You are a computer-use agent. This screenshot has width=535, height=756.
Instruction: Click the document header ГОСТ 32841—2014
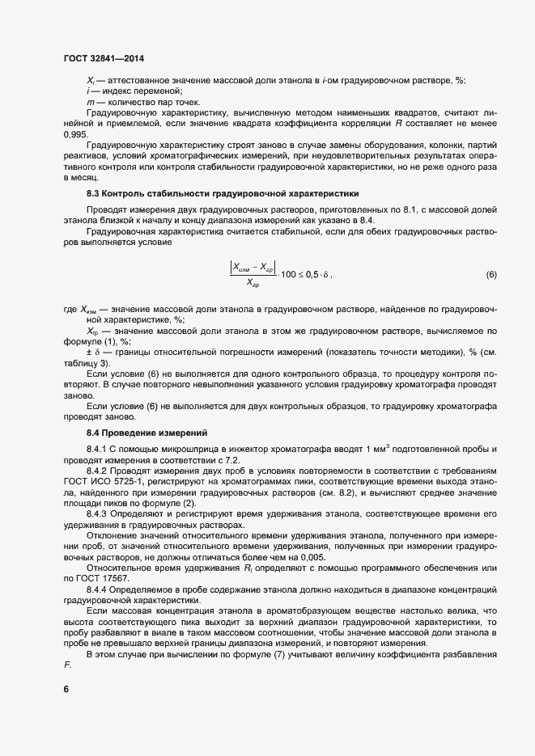(x=104, y=58)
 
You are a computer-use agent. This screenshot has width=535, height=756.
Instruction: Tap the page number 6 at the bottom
(x=66, y=689)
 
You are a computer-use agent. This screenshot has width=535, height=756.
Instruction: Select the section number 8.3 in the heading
(x=94, y=195)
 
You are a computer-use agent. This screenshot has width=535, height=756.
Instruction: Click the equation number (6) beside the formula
(x=490, y=275)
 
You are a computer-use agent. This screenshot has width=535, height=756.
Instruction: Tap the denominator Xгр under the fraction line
(x=253, y=285)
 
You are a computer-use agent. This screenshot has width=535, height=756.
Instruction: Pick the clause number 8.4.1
(x=97, y=449)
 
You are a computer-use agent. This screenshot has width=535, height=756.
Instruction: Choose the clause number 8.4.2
(x=97, y=470)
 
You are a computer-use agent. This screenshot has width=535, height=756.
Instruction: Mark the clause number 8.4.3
(x=97, y=513)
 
